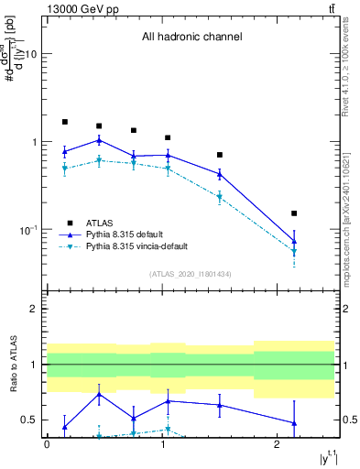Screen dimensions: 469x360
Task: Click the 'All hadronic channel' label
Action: [x=191, y=38]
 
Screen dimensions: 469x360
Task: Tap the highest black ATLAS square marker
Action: [x=65, y=122]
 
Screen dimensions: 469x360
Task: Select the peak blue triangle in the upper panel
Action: [x=99, y=140]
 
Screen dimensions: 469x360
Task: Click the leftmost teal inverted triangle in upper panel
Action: [x=65, y=169]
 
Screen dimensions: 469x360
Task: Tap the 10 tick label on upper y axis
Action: [x=28, y=55]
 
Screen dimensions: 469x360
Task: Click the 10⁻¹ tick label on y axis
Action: [x=26, y=230]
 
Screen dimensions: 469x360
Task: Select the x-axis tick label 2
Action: [x=277, y=443]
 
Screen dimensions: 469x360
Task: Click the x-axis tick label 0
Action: [x=47, y=443]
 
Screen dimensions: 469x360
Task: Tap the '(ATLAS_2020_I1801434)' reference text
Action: [x=191, y=274]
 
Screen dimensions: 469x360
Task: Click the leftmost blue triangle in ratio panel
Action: [x=65, y=426]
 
